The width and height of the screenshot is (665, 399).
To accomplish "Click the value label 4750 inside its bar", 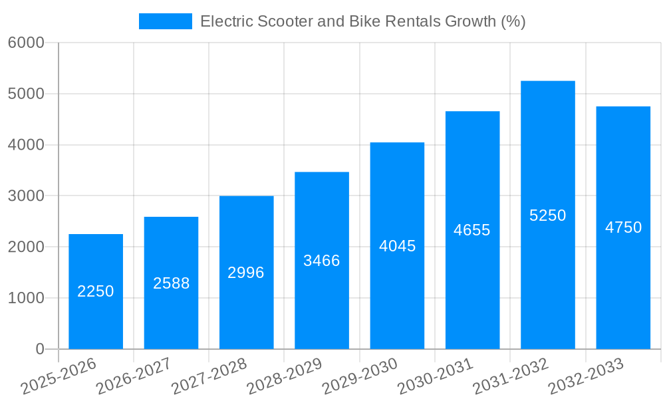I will (623, 227).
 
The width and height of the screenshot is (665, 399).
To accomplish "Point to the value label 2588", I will (171, 283).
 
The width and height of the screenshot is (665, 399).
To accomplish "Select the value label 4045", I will (397, 246).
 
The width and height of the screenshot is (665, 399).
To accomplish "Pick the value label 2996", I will (246, 273).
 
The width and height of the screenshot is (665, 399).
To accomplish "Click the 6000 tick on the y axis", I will (26, 43).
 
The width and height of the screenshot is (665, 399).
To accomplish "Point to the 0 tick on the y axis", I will (39, 349).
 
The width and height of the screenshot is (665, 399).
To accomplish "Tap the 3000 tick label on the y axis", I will (26, 196).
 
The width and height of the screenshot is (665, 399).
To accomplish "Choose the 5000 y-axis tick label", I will (26, 94).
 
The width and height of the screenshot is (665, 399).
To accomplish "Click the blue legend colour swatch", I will (165, 21).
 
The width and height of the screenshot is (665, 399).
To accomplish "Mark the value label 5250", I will (547, 215).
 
